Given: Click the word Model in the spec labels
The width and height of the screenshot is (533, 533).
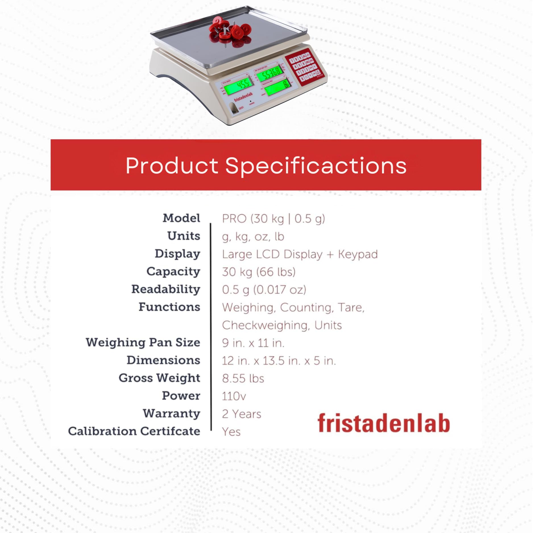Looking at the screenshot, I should point(181,218).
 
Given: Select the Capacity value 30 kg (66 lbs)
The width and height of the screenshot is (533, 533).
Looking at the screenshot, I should point(259,272).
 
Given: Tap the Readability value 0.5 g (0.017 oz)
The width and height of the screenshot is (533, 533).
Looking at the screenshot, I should point(264,290).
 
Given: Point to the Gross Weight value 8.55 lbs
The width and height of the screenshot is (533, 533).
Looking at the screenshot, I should point(243,379).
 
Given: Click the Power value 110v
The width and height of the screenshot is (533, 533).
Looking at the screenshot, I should point(234,396).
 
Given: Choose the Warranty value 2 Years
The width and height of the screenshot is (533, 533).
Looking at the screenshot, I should point(241,414).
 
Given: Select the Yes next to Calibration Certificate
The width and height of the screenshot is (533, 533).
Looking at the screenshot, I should point(231,432).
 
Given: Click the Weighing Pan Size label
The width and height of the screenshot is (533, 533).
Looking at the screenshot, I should point(143,343).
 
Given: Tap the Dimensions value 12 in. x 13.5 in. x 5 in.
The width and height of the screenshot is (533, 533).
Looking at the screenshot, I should point(279,361).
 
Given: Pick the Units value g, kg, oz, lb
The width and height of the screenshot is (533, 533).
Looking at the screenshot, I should point(253,237).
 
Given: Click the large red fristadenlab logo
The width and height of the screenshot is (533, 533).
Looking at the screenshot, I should point(383,423).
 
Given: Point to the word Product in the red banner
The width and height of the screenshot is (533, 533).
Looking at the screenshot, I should point(172,165).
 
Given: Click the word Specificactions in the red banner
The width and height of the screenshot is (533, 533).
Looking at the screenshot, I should point(316,166).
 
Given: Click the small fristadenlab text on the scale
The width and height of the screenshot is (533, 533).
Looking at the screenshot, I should point(243,97).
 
